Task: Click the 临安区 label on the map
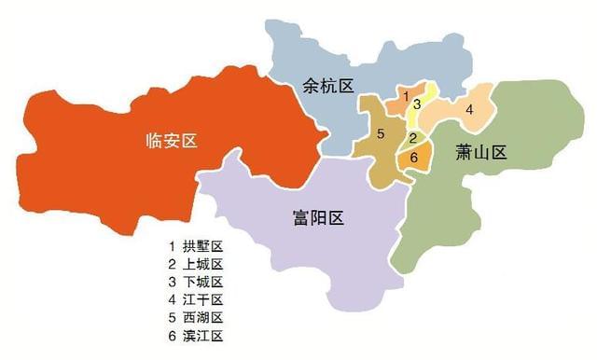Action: point(174,141)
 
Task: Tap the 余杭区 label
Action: point(328,87)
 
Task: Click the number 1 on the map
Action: point(406,95)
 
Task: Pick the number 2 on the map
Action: point(412,138)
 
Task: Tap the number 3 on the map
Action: point(418,104)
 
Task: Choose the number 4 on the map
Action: point(469,110)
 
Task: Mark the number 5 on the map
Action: point(381,133)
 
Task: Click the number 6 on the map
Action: point(412,157)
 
